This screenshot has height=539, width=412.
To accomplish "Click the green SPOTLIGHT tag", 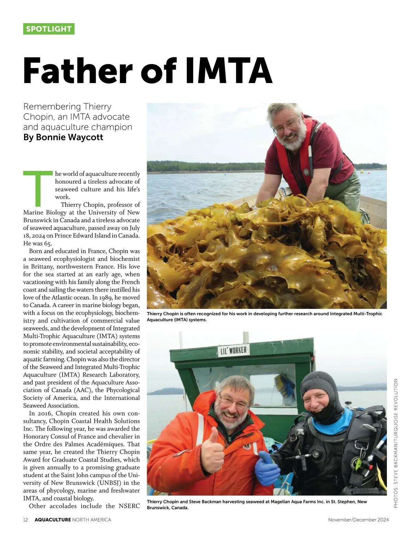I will tap(49, 29).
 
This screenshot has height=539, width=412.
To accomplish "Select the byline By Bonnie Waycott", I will tap(63, 137).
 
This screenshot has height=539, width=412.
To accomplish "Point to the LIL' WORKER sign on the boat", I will tap(233, 351).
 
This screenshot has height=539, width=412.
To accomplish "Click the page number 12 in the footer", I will tap(26, 520).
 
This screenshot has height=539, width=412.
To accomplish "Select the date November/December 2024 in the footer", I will tap(358, 520).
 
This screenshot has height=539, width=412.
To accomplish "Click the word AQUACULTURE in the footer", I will tap(53, 520).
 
